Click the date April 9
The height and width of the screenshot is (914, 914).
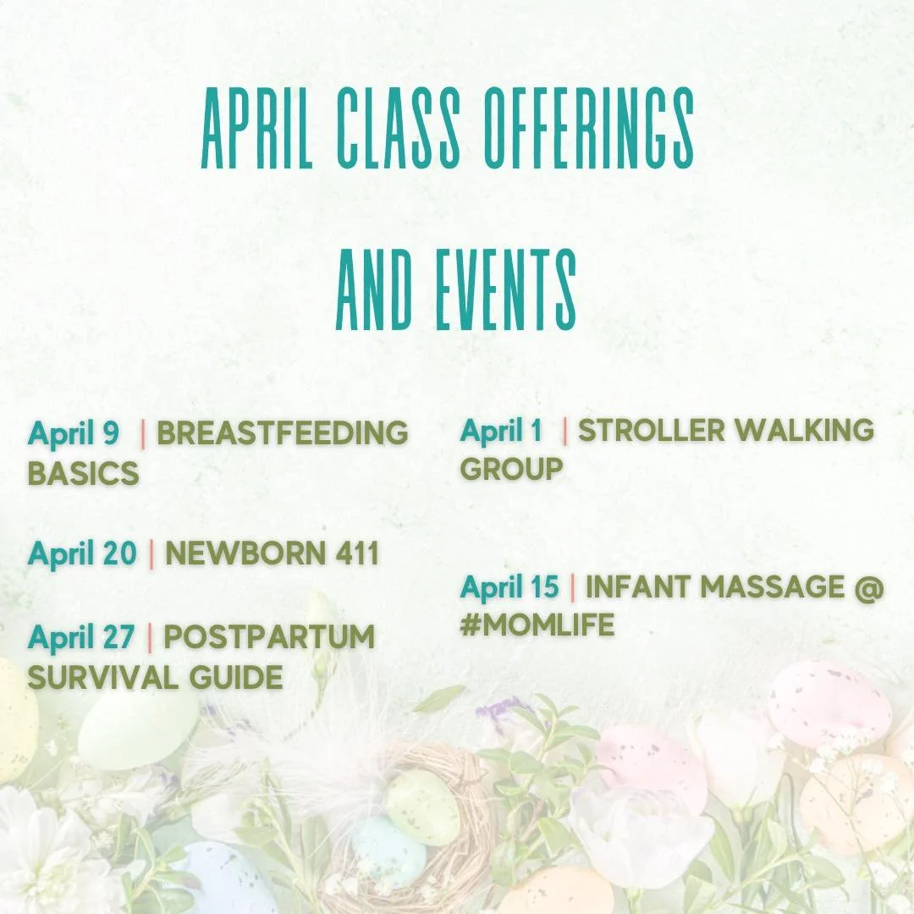74,433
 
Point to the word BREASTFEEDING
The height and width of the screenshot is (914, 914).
283,433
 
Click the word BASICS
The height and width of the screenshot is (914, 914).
83,473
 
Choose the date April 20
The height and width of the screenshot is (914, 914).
82,553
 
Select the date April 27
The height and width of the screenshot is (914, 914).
81,637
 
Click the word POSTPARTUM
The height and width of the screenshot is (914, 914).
269,637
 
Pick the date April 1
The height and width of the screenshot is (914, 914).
501,430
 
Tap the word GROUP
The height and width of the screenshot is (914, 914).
511,469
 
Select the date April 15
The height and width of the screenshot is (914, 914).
509,586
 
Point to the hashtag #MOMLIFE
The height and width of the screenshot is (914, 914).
537,625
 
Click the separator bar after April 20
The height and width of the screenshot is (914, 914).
151,553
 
